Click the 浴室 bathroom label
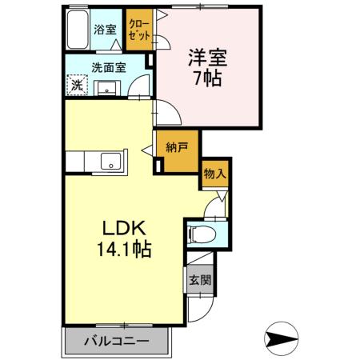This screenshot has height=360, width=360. tap(104, 30)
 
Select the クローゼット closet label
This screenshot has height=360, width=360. tap(138, 30)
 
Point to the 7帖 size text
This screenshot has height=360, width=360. tap(208, 78)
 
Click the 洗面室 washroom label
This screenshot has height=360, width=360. tap(108, 68)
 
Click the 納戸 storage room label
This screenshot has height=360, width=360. tap(177, 147)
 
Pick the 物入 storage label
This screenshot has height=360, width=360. tap(214, 172)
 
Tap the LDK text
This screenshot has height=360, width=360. tap(124, 228)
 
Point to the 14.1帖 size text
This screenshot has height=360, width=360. tap(124, 249)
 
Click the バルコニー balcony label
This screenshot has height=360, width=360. tap(117, 342)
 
